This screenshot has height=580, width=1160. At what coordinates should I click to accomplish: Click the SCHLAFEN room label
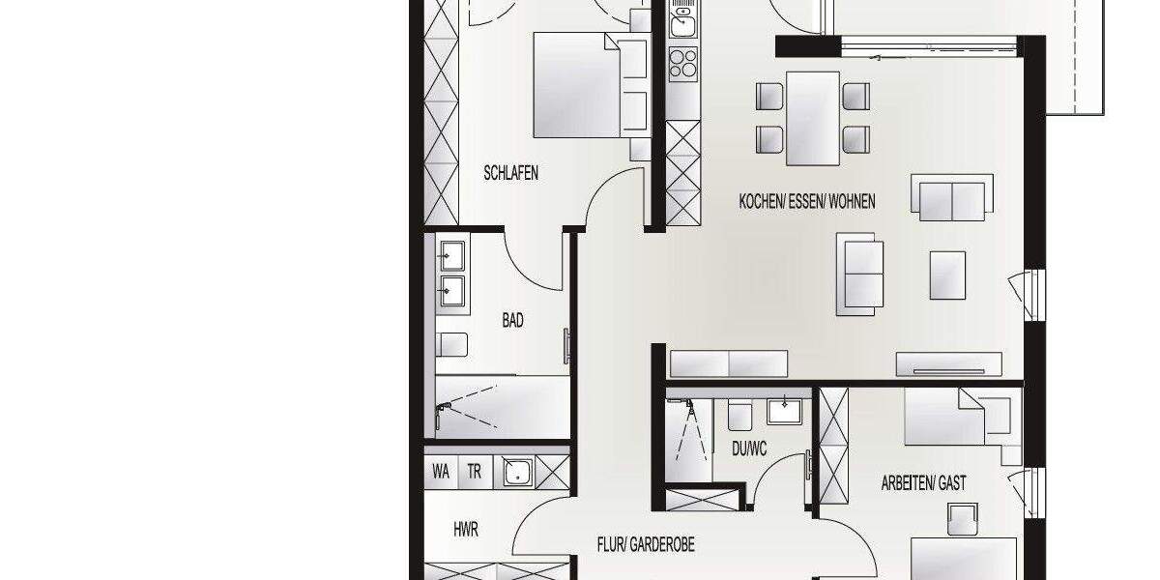tap(510, 174)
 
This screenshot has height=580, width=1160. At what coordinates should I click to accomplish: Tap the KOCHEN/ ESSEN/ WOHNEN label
tap(807, 202)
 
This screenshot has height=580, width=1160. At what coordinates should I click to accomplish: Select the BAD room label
tap(512, 321)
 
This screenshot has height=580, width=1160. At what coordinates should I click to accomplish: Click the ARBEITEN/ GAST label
tap(923, 482)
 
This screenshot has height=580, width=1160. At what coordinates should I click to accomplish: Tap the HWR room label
tap(466, 530)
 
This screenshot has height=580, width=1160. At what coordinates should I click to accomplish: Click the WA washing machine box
tap(441, 473)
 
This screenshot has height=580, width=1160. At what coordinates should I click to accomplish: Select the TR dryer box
tap(475, 473)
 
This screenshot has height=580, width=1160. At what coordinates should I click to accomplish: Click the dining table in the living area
tap(812, 118)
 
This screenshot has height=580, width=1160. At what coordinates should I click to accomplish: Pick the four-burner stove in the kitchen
tap(683, 63)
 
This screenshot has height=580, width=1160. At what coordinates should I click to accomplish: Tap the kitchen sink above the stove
tap(683, 22)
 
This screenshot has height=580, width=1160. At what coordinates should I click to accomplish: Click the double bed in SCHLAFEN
tap(578, 85)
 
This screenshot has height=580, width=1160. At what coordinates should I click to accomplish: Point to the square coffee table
tap(947, 275)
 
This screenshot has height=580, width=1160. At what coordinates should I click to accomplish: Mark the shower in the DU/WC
tap(688, 435)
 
